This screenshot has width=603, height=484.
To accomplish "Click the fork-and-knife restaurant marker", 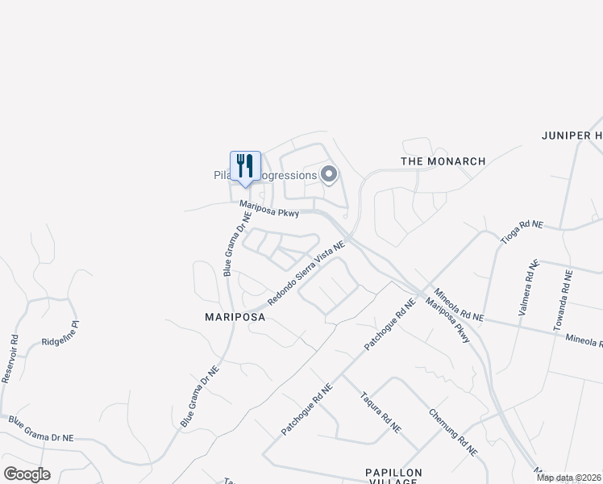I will pyautogui.click(x=245, y=167).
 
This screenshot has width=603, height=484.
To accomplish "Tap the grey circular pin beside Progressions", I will pyautogui.click(x=328, y=174).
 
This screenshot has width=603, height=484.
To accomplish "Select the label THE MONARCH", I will pyautogui.click(x=443, y=161).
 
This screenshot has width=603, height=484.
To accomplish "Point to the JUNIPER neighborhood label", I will pyautogui.click(x=572, y=136).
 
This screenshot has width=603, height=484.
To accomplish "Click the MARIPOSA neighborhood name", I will pyautogui.click(x=235, y=318).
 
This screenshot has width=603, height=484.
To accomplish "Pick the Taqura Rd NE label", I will pyautogui.click(x=381, y=412).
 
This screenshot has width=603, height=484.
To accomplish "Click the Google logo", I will pyautogui.click(x=27, y=474).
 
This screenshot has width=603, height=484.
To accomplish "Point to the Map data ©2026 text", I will pyautogui.click(x=568, y=478).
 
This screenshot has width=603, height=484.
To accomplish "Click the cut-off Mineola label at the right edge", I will pyautogui.click(x=584, y=341).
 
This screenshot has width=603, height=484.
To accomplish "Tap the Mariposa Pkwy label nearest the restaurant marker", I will pyautogui.click(x=270, y=210).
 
